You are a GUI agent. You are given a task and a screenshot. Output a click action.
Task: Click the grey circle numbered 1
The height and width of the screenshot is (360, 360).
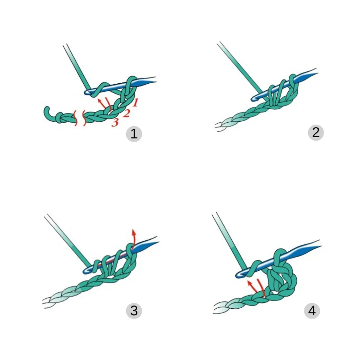(134, 134)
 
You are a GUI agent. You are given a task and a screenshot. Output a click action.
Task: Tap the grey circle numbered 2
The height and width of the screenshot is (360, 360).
(316, 133)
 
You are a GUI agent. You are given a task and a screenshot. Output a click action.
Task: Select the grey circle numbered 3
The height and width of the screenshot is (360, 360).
(134, 311)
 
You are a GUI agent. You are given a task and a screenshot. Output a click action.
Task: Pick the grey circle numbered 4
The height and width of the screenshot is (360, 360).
(312, 311)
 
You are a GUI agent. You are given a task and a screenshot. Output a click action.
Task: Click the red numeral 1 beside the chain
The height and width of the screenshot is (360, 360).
(135, 102)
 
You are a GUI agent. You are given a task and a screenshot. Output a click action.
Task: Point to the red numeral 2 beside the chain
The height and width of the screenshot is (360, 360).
(127, 113)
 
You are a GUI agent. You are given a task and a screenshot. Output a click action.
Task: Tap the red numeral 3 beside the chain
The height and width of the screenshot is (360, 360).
(115, 122)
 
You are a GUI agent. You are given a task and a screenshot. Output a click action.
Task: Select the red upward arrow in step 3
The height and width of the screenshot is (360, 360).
(133, 239)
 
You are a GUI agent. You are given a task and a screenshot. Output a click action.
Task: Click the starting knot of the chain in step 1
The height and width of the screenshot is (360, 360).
(59, 117)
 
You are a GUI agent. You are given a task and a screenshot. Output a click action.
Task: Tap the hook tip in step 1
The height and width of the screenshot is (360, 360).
(87, 92)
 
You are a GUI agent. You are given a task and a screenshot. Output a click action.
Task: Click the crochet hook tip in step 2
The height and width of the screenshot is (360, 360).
(254, 98)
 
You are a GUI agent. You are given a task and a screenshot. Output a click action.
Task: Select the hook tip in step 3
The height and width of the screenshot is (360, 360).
(86, 271)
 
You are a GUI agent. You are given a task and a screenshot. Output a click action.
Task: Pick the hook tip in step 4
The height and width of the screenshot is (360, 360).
(239, 275)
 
